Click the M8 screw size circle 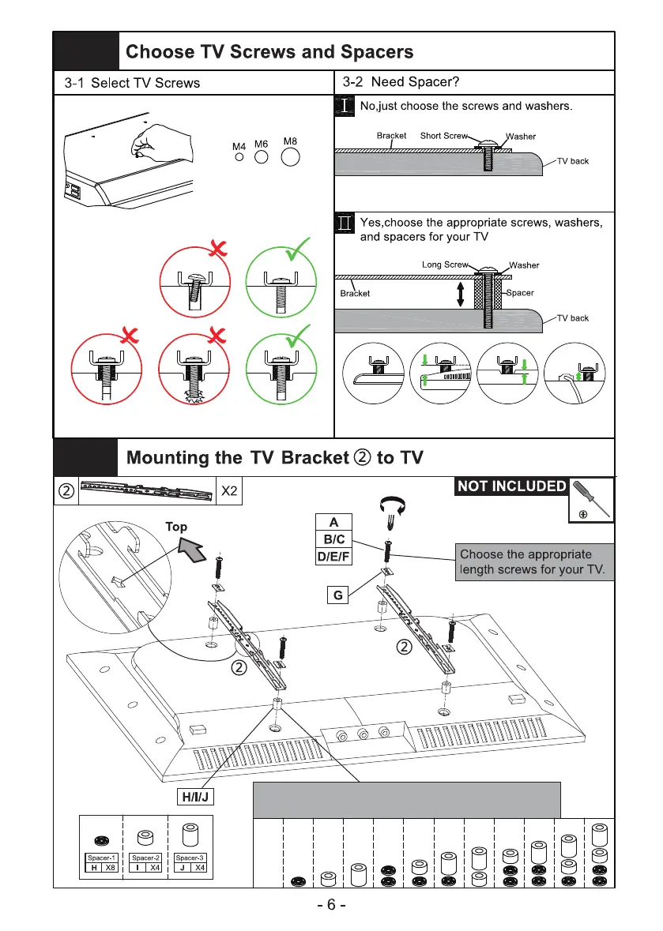[x=291, y=157]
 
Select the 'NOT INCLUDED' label [x=511, y=486]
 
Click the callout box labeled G [x=337, y=596]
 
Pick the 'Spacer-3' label [x=189, y=857]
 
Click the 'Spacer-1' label [x=101, y=857]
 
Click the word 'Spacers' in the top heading [x=373, y=53]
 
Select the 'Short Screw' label [x=444, y=136]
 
